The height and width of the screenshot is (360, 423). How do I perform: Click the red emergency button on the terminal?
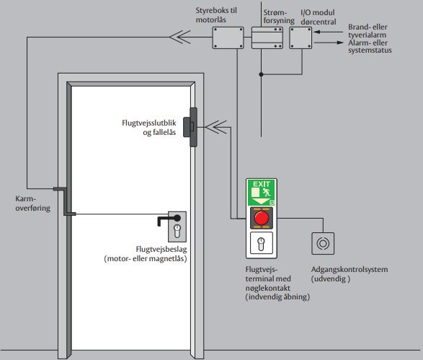(261, 218)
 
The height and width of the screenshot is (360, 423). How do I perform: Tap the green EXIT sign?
(261, 191)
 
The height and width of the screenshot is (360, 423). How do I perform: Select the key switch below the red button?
(261, 243)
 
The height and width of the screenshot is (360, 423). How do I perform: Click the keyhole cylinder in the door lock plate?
(177, 232)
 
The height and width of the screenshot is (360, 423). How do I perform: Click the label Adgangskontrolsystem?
(349, 270)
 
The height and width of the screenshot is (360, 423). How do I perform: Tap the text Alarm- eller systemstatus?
(379, 47)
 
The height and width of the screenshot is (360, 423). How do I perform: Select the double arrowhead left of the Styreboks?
(177, 38)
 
